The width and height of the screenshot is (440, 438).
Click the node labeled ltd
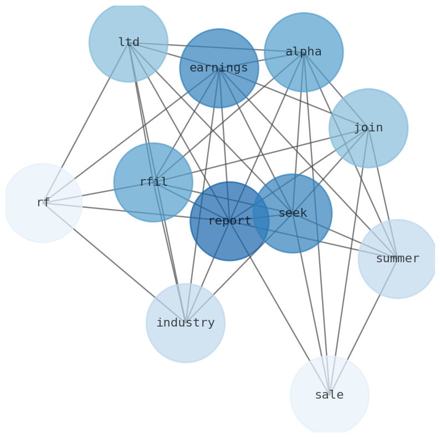[129, 42]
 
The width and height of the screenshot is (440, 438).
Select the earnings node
[219, 68]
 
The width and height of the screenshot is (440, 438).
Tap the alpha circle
[304, 52]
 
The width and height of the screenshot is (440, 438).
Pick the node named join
[369, 128]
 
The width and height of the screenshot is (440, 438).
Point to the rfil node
[154, 182]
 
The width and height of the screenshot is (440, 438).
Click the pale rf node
[43, 203]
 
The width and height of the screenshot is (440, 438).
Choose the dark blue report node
[229, 221]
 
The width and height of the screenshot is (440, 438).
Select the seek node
[293, 213]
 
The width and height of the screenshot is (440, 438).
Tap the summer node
[397, 259]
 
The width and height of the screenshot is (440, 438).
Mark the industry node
[186, 323]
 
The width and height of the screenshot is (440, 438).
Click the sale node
[329, 395]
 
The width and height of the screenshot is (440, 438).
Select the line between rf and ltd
[86, 123]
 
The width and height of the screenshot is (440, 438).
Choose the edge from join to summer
[383, 193]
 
